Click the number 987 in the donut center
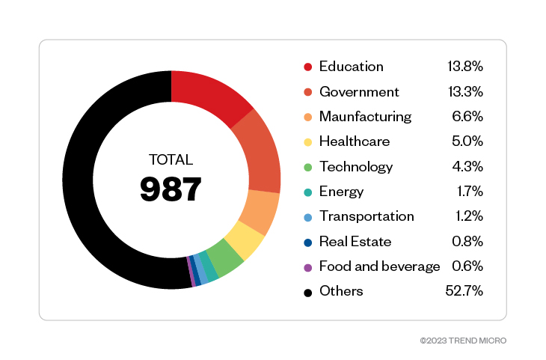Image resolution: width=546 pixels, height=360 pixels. pyautogui.click(x=171, y=189)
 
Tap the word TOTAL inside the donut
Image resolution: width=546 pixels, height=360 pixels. pyautogui.click(x=171, y=159)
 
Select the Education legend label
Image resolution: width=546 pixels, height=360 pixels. pyautogui.click(x=351, y=67)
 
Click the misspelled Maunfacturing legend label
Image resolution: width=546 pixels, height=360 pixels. pyautogui.click(x=365, y=117)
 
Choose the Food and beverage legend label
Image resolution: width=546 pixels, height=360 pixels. pyautogui.click(x=379, y=266)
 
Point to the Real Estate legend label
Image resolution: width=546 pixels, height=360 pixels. pyautogui.click(x=355, y=242)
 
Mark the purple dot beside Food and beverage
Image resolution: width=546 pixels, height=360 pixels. pyautogui.click(x=307, y=267)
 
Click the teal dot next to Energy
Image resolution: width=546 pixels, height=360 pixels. pyautogui.click(x=307, y=192)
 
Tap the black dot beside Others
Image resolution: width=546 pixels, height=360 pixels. pyautogui.click(x=307, y=292)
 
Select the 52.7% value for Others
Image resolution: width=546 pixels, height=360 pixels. pyautogui.click(x=467, y=291)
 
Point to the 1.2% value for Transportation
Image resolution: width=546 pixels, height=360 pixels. pyautogui.click(x=470, y=216)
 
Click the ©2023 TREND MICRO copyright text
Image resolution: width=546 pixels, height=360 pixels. pyautogui.click(x=463, y=341)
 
